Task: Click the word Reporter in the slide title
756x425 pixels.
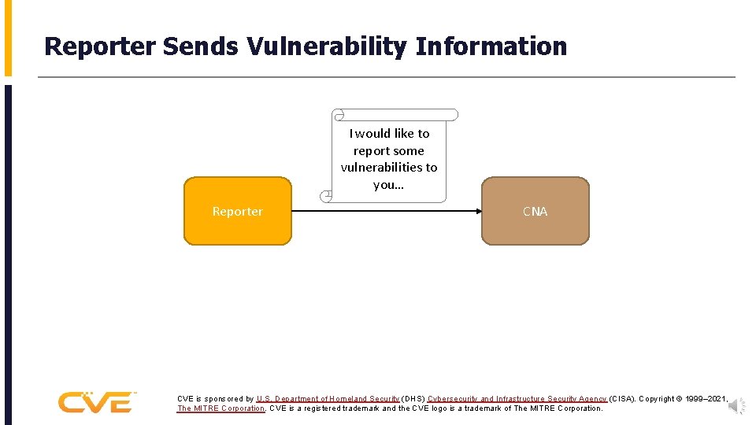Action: coord(100,46)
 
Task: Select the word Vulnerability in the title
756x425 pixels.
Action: coord(327,46)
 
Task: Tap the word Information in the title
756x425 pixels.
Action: coord(491,46)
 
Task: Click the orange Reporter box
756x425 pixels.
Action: coord(237,211)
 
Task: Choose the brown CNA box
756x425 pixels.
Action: coord(535,211)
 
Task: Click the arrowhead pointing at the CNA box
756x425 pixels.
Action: coord(477,211)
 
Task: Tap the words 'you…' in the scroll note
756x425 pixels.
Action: coord(388,184)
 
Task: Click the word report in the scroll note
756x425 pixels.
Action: coord(371,150)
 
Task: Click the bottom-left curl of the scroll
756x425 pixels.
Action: coord(325,195)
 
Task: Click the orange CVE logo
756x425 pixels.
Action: coord(96,402)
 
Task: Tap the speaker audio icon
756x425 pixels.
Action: coord(736,406)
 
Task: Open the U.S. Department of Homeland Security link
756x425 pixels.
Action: coord(328,399)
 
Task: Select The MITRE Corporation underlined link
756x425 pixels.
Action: coord(221,408)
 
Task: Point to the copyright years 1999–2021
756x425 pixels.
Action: coord(705,399)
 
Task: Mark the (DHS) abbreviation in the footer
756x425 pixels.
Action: coord(413,399)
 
